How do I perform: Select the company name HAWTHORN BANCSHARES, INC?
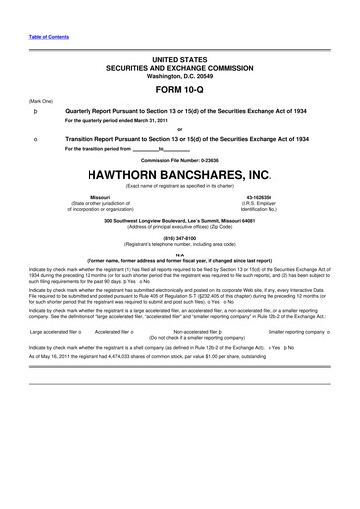[x=179, y=174]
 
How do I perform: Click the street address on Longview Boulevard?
[x=179, y=220]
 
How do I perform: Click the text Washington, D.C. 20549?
[x=179, y=74]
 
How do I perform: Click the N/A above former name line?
[x=179, y=255]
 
